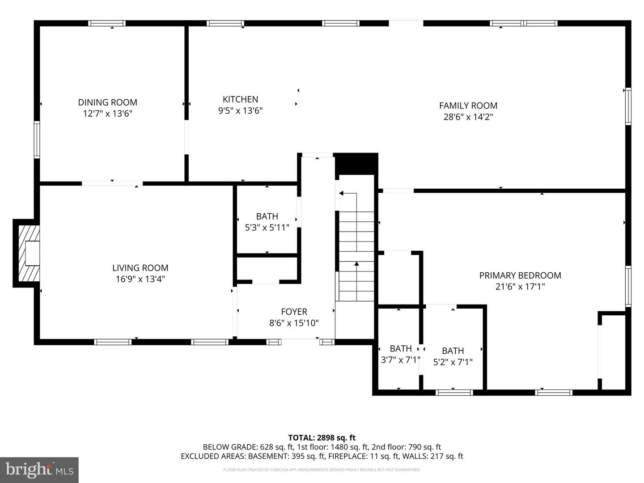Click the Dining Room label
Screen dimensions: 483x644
[x=107, y=102]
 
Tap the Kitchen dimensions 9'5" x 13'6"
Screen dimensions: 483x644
[x=240, y=110]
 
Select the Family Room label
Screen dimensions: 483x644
[x=468, y=106]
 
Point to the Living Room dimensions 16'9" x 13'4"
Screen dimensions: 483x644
[x=140, y=279]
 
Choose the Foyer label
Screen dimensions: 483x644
[x=294, y=312]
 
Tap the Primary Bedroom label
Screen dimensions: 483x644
[x=520, y=275]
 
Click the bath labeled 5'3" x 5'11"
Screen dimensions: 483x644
[x=267, y=222]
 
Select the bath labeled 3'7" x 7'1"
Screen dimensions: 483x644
[x=400, y=354]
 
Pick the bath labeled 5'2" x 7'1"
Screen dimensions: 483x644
[x=453, y=356]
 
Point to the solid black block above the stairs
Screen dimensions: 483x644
[x=356, y=164]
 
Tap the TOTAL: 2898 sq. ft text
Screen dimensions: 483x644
[x=322, y=438]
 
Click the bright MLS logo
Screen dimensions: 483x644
[x=39, y=470]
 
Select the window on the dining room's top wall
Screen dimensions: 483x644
[x=106, y=23]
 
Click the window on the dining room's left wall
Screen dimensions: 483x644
[x=37, y=140]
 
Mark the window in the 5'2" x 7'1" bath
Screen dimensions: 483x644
[x=454, y=393]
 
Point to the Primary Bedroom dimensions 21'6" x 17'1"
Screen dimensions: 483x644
[x=520, y=287]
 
